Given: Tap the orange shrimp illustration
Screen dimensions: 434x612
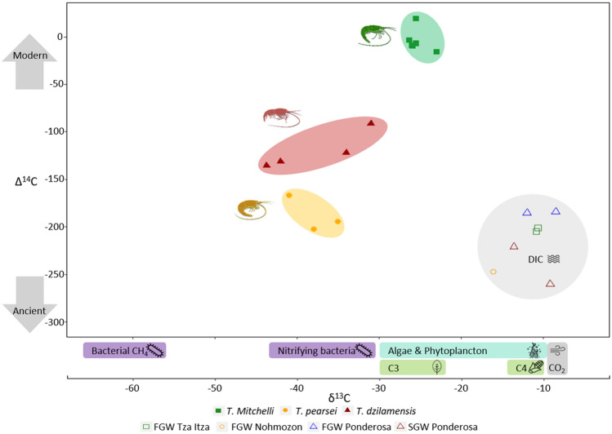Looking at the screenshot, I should tap(254, 209).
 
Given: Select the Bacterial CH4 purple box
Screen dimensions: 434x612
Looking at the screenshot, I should tap(124, 351).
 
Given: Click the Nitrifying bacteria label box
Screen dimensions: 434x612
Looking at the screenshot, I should tap(322, 351).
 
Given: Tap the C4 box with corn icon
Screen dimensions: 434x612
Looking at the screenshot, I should tap(525, 368).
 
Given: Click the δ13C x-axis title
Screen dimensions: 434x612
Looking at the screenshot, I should tap(333, 399).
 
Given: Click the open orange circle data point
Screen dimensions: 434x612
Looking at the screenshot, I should tap(494, 272).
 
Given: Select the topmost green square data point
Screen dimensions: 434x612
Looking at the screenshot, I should tap(416, 19).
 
